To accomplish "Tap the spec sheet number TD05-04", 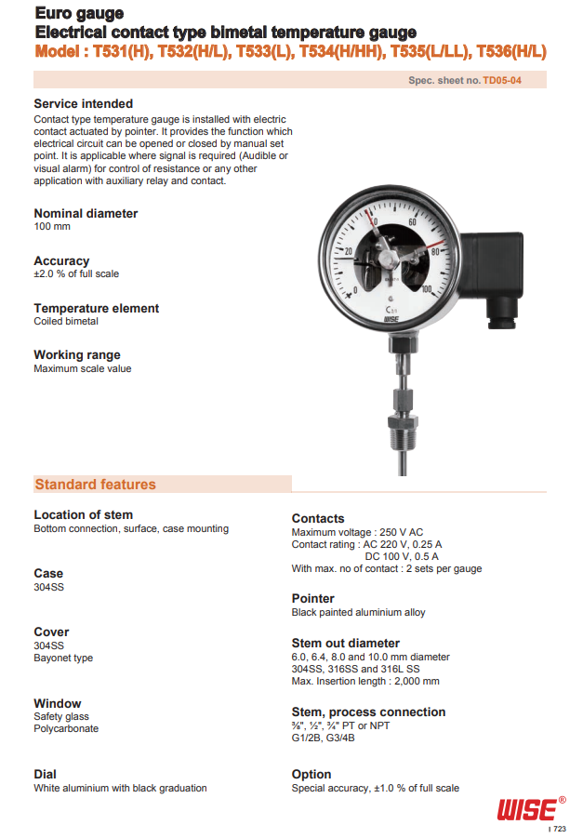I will click(502, 81).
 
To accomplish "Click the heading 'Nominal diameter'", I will click(86, 213).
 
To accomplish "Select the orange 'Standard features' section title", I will click(95, 485).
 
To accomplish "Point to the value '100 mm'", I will click(52, 227).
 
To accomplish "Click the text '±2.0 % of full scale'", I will click(76, 274).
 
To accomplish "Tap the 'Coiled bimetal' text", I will click(66, 322).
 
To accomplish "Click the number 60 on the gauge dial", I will click(412, 222).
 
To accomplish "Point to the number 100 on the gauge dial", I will click(426, 290).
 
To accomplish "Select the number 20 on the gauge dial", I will click(349, 251).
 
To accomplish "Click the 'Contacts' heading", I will click(318, 518).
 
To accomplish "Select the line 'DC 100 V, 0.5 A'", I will click(402, 556).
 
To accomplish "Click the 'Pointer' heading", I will click(312, 598).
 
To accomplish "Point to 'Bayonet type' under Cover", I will click(63, 658).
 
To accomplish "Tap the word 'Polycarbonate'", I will click(66, 729).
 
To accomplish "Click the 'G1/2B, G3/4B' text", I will click(323, 738).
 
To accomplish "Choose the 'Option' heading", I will click(311, 774).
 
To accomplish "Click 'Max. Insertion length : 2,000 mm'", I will click(365, 682).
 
